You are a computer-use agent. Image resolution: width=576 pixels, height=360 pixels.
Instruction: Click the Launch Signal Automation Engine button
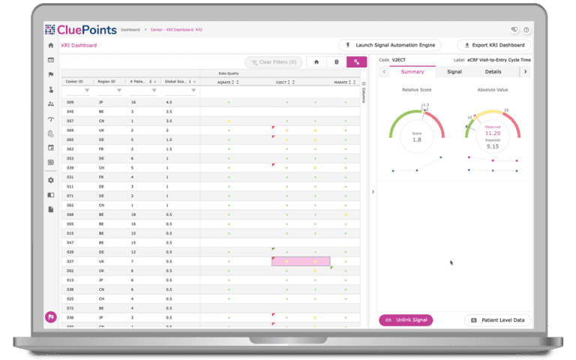click(x=393, y=45)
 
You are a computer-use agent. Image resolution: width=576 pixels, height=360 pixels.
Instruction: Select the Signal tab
click(x=454, y=72)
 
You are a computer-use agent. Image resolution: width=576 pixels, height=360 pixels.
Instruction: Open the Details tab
click(x=493, y=72)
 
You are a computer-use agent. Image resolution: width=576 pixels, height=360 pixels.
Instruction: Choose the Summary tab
click(x=412, y=72)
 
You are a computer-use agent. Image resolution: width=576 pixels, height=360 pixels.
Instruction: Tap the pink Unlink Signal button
click(x=406, y=320)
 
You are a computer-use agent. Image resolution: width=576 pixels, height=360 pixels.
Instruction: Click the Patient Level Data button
click(x=498, y=320)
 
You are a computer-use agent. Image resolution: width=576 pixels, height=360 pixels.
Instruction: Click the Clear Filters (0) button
click(x=272, y=62)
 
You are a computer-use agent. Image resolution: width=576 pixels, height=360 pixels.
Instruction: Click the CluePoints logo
click(x=80, y=30)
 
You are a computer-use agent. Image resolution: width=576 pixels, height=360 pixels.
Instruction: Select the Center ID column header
click(x=75, y=81)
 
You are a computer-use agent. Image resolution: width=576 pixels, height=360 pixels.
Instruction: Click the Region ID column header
click(x=107, y=81)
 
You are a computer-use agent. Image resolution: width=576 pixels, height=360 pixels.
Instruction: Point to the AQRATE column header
click(x=224, y=82)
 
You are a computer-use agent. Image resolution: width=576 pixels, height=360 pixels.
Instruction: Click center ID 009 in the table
click(x=70, y=101)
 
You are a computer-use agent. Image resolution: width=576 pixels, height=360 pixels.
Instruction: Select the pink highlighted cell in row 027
click(x=301, y=261)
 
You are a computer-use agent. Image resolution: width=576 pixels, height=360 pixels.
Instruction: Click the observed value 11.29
click(x=493, y=133)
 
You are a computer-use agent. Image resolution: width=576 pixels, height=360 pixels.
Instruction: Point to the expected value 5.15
click(x=493, y=146)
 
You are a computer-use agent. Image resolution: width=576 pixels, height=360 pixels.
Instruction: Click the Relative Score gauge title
click(x=416, y=89)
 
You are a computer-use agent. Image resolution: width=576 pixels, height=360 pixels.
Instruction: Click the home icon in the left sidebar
click(x=50, y=46)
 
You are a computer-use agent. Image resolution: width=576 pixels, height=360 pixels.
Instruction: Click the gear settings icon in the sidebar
click(x=50, y=180)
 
